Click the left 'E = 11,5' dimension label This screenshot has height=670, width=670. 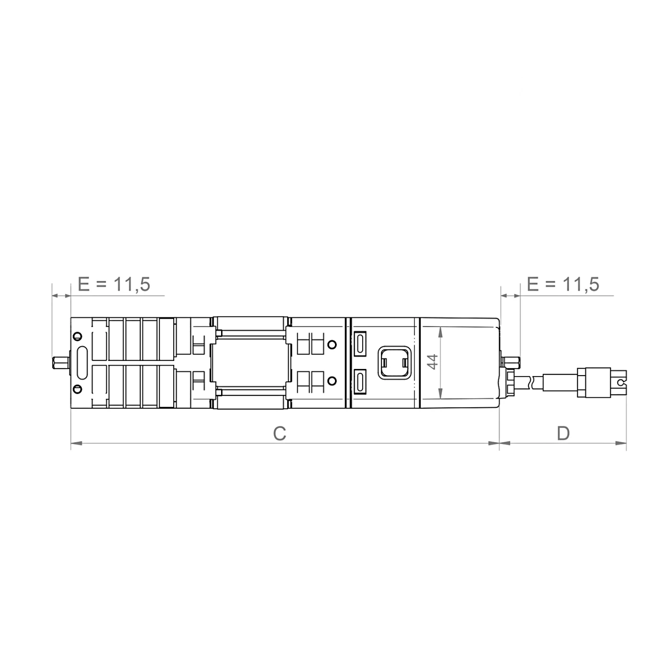coord(114,284)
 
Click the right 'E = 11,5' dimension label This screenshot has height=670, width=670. coord(563,284)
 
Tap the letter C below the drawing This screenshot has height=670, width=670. coord(279,433)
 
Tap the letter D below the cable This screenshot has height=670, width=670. coord(563,433)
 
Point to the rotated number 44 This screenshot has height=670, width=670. coord(433,362)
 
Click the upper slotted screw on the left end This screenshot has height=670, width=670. coord(78,336)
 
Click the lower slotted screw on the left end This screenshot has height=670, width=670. coord(78,389)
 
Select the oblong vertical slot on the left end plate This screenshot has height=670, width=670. coord(82,363)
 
